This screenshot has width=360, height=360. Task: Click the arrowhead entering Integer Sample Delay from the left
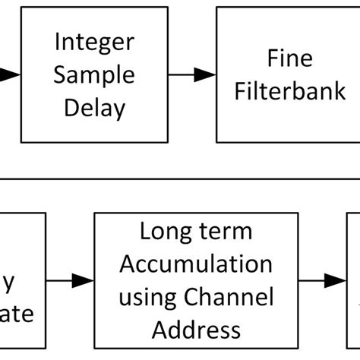pos(9,74)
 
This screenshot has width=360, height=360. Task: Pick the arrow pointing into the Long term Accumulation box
pos(73,280)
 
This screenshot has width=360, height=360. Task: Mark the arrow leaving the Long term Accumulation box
pos(322,280)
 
